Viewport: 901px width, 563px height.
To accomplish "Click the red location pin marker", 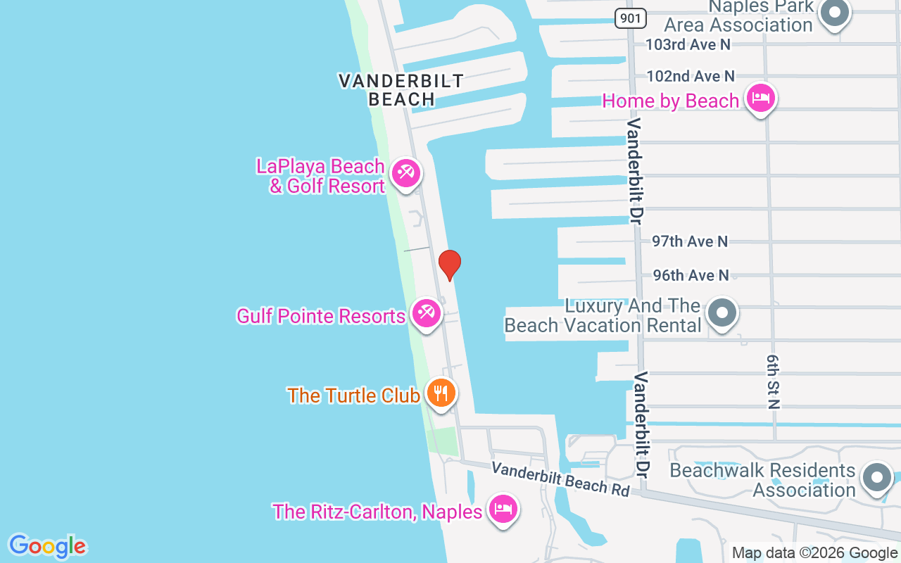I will click(449, 264).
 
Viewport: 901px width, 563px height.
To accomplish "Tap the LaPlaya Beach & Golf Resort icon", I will click(406, 173).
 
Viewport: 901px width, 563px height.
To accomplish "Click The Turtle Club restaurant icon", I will click(441, 393).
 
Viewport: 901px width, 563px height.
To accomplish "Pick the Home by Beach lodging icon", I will click(760, 98).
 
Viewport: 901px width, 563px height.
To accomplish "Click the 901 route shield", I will click(630, 18).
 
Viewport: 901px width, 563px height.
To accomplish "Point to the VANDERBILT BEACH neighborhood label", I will click(401, 90).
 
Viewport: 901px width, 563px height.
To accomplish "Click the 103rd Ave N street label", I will click(688, 44).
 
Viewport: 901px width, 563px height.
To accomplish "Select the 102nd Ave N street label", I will click(690, 76).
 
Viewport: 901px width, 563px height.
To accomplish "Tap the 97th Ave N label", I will click(689, 241).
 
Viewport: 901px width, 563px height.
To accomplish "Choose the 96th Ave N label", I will click(691, 275).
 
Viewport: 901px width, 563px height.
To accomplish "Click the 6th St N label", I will click(774, 381).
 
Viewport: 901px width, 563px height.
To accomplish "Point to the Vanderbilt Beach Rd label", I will click(560, 479).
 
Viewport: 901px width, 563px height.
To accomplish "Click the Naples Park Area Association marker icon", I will click(836, 13).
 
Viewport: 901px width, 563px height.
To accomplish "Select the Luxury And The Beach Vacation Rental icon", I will click(722, 313).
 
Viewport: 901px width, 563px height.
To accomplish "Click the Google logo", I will click(47, 546).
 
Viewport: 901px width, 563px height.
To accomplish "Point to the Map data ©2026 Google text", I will click(814, 553).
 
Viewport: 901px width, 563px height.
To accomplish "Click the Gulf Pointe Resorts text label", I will click(320, 316).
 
